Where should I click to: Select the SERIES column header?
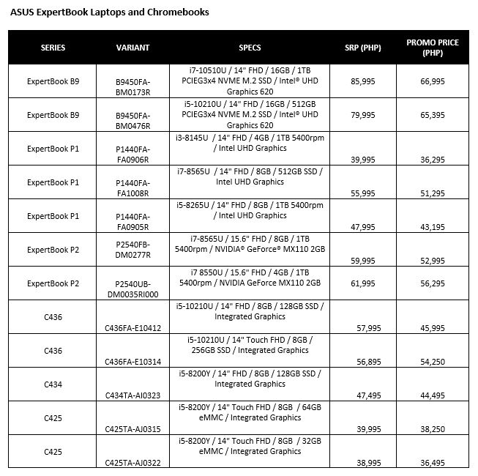coord(53,48)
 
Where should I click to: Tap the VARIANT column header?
coord(132,48)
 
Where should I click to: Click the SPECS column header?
coord(250,48)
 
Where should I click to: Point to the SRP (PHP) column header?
coord(362,48)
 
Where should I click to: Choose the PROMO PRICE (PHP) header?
coord(433,48)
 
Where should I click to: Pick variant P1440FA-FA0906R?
coord(132,155)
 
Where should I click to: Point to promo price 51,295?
coord(433,193)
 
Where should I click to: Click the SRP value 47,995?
coord(363,227)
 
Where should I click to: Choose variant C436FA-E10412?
coord(132,328)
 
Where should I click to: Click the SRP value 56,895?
coord(363,362)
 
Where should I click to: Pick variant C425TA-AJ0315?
coord(132,429)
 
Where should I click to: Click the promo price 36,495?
coord(433,463)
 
